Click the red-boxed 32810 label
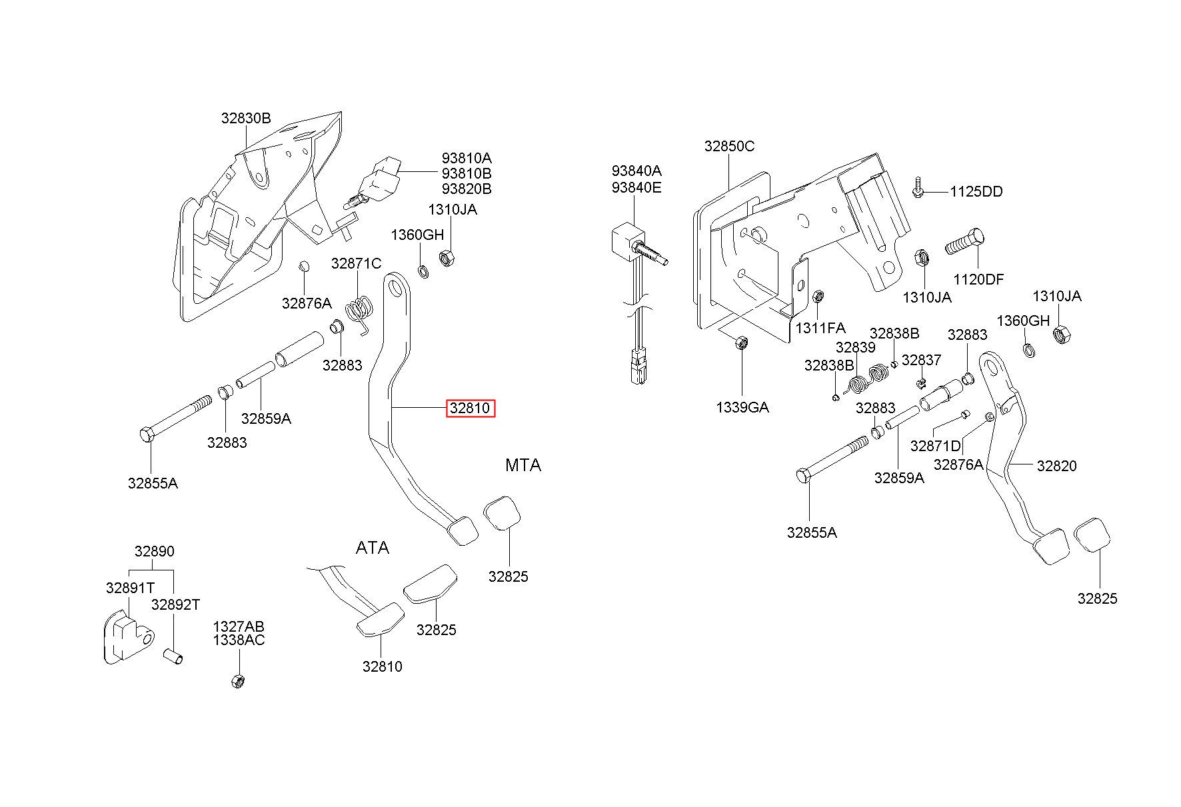(471, 408)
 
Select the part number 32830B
(246, 119)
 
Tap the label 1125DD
(976, 192)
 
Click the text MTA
(523, 465)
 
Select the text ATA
(372, 548)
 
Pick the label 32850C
(729, 147)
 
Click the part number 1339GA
(742, 407)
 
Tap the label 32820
(1056, 466)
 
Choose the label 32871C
(356, 264)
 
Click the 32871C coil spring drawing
(360, 313)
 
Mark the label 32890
(154, 552)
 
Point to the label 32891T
(130, 588)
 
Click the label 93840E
(636, 188)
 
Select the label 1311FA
(820, 328)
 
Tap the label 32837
(921, 361)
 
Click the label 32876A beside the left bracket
(306, 304)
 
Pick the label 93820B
(467, 189)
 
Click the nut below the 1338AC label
(237, 681)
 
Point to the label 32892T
(175, 605)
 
